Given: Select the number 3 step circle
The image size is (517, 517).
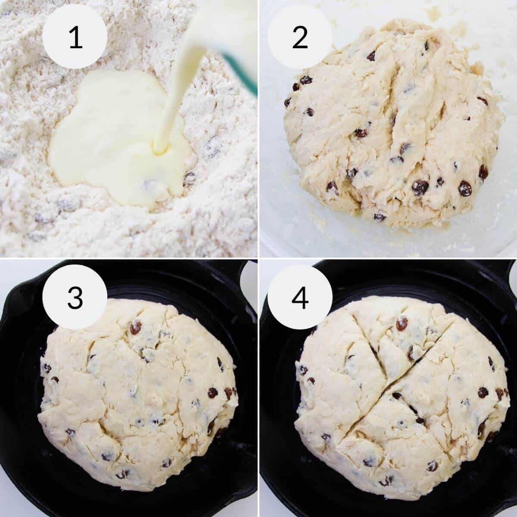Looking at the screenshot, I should click(x=75, y=297).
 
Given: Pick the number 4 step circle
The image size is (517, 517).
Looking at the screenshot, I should click(x=300, y=297).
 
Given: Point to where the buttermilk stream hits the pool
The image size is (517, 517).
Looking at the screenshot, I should click(x=159, y=149).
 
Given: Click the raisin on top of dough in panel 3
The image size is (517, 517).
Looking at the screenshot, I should click(x=136, y=328).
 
